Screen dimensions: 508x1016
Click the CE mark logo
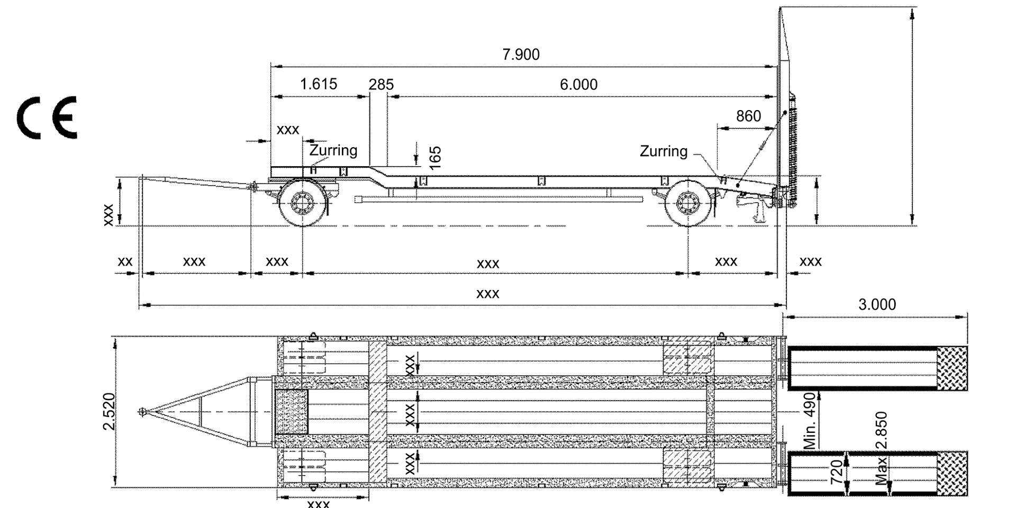[47, 117]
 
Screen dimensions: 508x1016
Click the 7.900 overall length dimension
[521, 55]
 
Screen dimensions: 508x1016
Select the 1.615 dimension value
[319, 84]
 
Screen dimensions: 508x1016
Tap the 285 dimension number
[381, 85]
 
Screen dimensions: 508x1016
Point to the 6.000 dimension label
[578, 85]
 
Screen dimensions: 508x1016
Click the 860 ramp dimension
[748, 116]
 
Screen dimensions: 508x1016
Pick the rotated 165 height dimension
[435, 158]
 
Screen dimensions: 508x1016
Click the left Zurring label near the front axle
[333, 150]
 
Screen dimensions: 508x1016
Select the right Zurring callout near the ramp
[663, 151]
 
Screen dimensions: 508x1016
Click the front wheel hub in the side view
[302, 203]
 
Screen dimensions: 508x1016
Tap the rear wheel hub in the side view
[687, 203]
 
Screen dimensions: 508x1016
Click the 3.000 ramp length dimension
[877, 305]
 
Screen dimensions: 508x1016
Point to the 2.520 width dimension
[109, 412]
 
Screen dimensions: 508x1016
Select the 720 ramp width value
[837, 472]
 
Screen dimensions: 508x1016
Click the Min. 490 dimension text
[810, 421]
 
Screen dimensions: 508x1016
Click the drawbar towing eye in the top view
[142, 412]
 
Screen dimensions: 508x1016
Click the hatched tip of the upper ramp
[952, 368]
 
